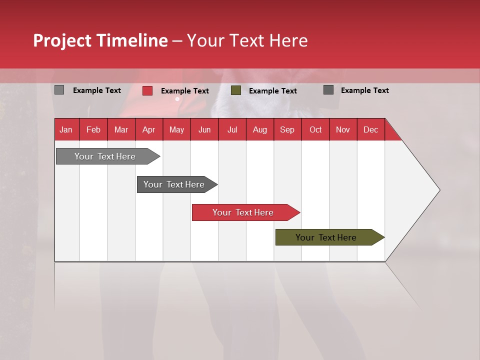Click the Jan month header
click(66, 129)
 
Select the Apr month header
click(148, 129)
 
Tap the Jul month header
click(232, 129)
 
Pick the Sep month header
click(287, 129)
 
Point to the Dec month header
click(370, 129)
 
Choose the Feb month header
click(93, 129)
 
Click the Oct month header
click(315, 129)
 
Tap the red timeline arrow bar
click(243, 212)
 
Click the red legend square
click(147, 90)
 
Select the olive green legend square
click(236, 90)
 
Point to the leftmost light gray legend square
click(59, 90)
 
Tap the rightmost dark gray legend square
click(328, 90)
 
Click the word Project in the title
click(62, 40)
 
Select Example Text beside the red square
click(185, 91)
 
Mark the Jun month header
click(204, 129)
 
